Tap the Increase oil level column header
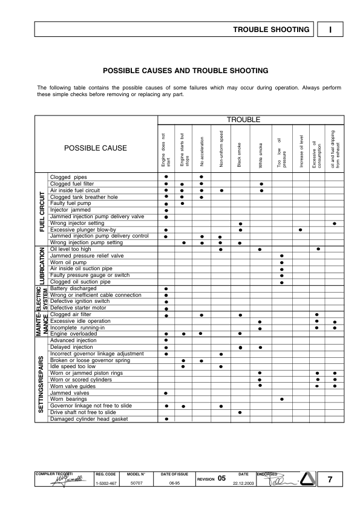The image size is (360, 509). click(x=301, y=151)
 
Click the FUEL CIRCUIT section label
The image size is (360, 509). click(x=42, y=212)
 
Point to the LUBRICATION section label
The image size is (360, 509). click(x=42, y=265)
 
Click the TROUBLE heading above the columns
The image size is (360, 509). click(x=243, y=120)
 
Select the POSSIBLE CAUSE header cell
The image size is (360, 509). click(x=96, y=148)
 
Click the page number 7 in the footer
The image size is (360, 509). click(x=330, y=480)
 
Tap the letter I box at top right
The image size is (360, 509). click(x=332, y=29)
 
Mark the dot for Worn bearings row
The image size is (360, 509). click(x=281, y=400)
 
